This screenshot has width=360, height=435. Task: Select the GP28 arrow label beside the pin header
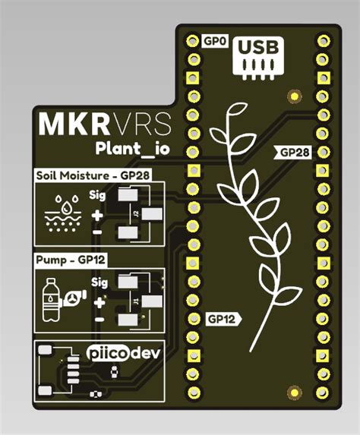click(x=293, y=153)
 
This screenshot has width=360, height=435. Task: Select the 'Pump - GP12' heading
click(x=71, y=260)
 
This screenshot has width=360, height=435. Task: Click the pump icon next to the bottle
click(x=72, y=299)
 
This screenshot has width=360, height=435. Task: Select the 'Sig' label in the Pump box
click(x=99, y=282)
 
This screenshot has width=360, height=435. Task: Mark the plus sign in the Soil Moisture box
click(x=98, y=215)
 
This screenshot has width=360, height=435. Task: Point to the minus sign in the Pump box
click(x=99, y=320)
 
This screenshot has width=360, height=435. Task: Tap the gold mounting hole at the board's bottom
click(x=292, y=390)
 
